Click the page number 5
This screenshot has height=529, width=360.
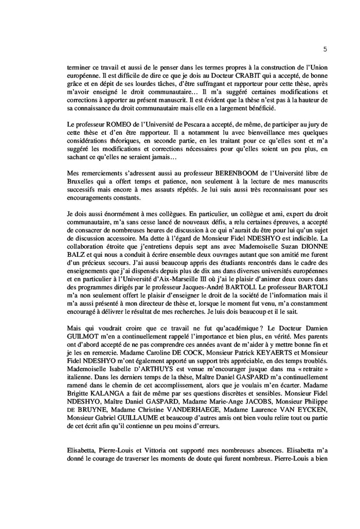(x=325, y=49)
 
